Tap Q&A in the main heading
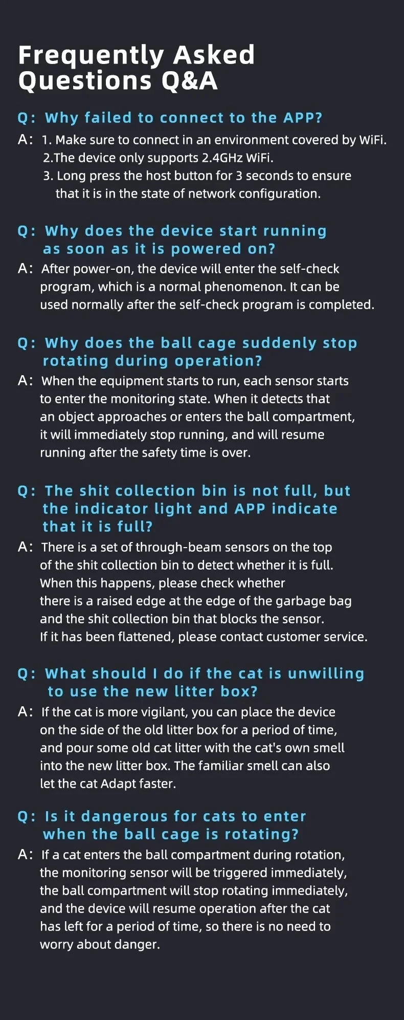tap(190, 81)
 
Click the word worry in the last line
tap(57, 945)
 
